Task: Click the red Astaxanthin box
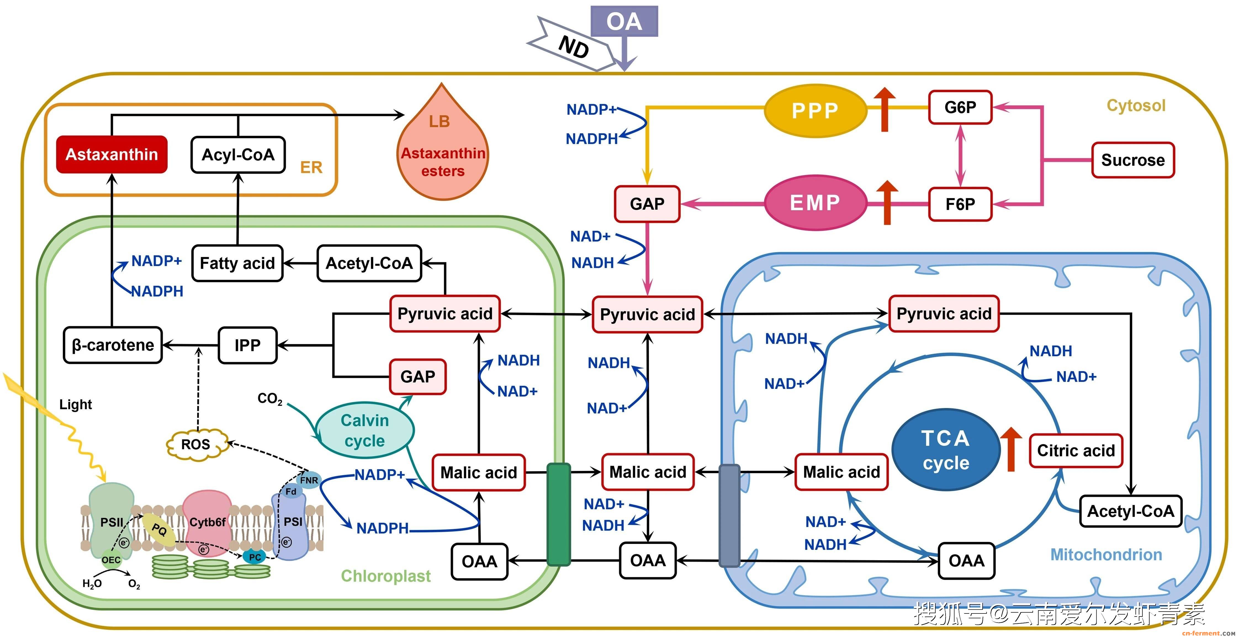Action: pyautogui.click(x=112, y=154)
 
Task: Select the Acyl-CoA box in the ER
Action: pyautogui.click(x=238, y=154)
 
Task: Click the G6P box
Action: pyautogui.click(x=960, y=107)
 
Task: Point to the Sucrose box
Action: pyautogui.click(x=1133, y=160)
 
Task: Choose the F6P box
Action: pyautogui.click(x=960, y=204)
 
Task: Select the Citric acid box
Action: pyautogui.click(x=1076, y=451)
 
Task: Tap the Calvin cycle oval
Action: pyautogui.click(x=365, y=430)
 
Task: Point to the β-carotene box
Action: pyautogui.click(x=113, y=345)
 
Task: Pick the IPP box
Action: pyautogui.click(x=248, y=345)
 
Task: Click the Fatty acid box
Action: pyautogui.click(x=237, y=263)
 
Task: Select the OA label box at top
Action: pyautogui.click(x=624, y=22)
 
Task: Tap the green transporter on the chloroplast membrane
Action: pyautogui.click(x=558, y=514)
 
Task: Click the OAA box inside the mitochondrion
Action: pyautogui.click(x=966, y=561)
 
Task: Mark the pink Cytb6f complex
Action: pyautogui.click(x=207, y=522)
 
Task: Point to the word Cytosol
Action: pyautogui.click(x=1135, y=106)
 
